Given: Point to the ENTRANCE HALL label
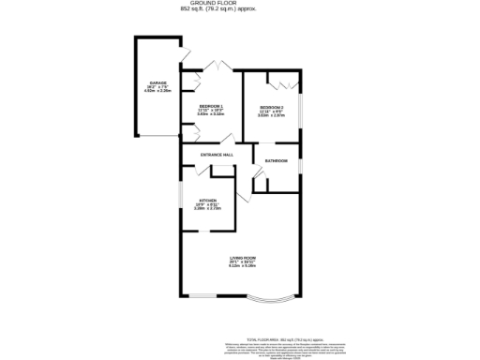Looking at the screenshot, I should (216, 155).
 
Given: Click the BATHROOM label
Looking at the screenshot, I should (276, 161).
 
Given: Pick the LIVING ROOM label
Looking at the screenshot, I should (243, 257).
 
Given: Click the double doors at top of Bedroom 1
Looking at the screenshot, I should (217, 66).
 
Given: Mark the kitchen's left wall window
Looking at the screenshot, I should (181, 201).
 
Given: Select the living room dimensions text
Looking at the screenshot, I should (243, 266).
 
